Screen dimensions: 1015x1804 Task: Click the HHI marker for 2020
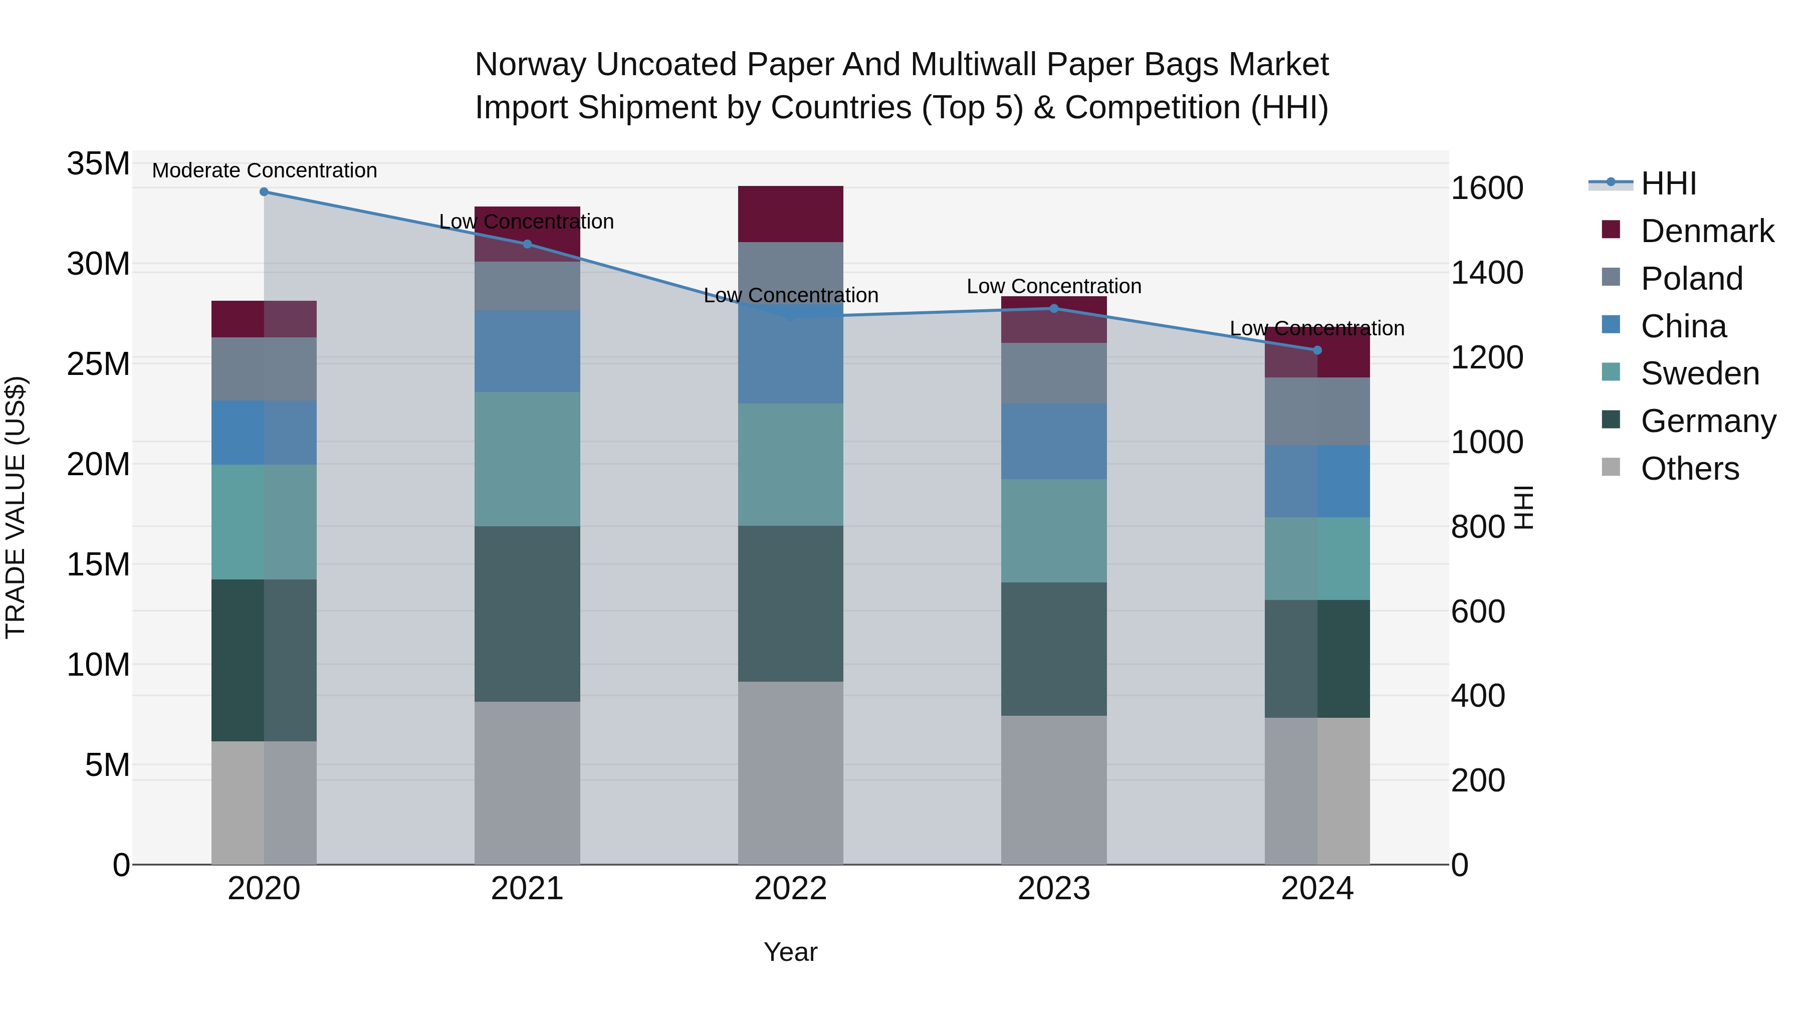point(264,192)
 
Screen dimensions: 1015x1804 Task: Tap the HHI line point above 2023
point(1054,308)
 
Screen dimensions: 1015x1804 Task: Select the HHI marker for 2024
point(1317,350)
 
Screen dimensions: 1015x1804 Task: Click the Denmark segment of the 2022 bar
point(791,214)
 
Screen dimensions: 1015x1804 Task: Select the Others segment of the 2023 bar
point(1054,789)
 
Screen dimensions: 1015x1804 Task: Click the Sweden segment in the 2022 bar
point(791,465)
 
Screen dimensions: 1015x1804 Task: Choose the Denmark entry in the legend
point(1707,231)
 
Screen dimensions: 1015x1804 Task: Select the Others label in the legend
point(1689,469)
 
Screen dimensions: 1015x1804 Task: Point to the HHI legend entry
point(1668,183)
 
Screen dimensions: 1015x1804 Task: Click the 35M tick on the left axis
point(98,164)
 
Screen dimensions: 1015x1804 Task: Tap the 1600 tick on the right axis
point(1487,188)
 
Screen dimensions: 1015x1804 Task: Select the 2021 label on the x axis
point(527,889)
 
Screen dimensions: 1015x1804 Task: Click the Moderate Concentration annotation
point(264,170)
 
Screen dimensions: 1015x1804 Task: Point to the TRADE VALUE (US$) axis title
point(16,507)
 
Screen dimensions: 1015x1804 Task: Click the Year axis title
point(791,952)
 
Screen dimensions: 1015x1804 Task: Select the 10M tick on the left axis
point(98,665)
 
